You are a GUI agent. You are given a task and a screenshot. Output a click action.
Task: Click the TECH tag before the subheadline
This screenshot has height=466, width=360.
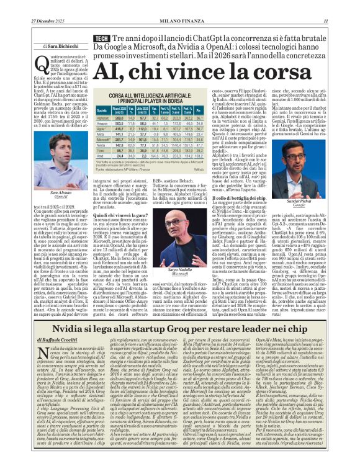(101, 39)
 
